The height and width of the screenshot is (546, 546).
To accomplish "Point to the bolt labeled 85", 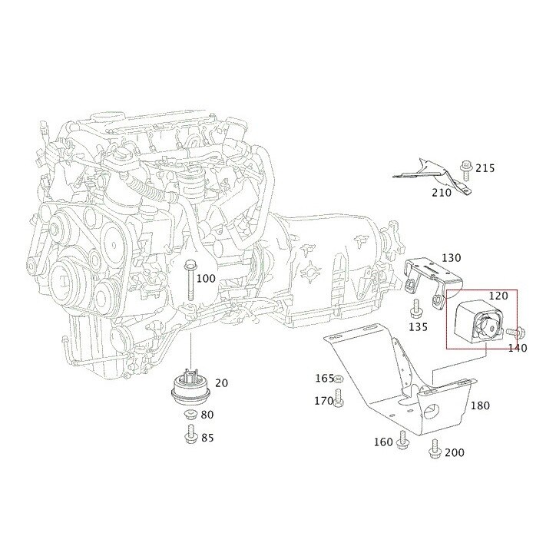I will tap(190, 438).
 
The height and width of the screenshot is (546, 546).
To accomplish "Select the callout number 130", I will tap(451, 258).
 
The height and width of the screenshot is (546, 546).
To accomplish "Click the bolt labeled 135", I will tap(416, 309).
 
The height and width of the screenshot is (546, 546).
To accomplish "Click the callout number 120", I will tap(498, 296).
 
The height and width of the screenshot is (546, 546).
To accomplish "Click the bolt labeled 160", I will tap(402, 440).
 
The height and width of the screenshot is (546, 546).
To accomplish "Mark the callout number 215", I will tap(485, 168).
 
